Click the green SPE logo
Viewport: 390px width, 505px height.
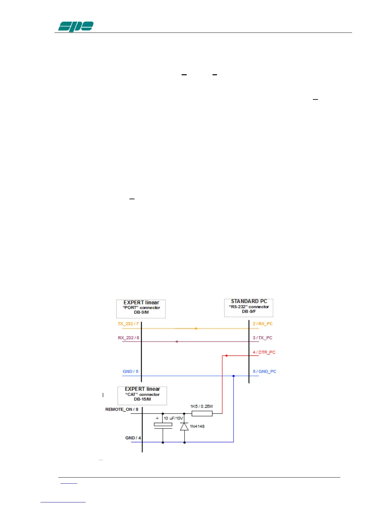76,26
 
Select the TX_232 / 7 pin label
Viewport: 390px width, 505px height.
128,324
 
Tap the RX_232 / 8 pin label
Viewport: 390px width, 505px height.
128,338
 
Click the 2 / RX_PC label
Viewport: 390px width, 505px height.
263,324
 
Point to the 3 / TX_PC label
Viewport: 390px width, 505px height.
263,338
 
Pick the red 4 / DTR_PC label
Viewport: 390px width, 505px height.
264,352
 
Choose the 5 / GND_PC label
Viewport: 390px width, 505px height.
264,371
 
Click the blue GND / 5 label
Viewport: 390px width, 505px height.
131,371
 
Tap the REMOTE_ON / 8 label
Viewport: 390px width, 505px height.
122,409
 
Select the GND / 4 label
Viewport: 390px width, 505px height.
133,438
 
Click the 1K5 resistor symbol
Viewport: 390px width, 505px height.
202,414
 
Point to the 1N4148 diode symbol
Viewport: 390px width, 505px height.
184,427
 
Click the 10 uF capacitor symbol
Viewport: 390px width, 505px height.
163,425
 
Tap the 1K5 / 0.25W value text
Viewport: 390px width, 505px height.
201,406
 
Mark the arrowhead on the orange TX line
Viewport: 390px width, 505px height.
196,328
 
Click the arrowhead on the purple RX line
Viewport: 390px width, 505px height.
177,342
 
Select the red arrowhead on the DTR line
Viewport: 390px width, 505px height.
226,355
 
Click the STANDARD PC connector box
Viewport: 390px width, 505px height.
249,308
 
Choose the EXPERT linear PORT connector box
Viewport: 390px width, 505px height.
141,309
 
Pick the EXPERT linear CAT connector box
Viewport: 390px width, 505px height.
142,396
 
